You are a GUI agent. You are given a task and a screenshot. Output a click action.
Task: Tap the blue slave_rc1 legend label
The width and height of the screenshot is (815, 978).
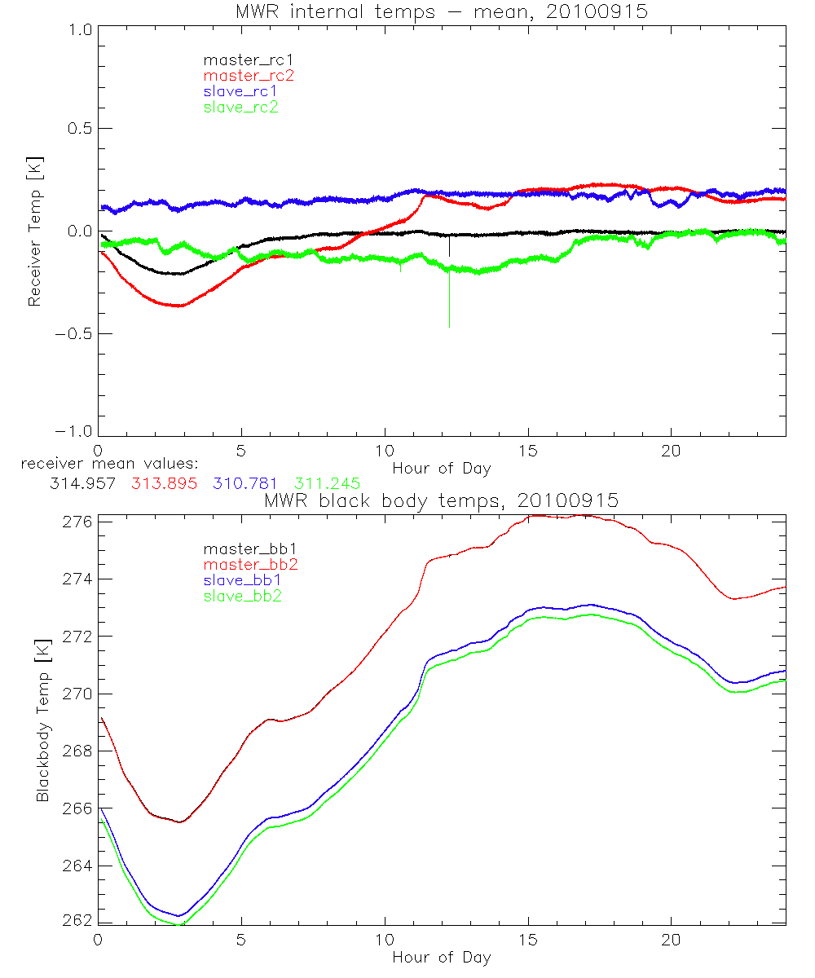240,91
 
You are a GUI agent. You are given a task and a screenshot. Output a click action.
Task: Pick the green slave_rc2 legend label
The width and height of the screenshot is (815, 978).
240,107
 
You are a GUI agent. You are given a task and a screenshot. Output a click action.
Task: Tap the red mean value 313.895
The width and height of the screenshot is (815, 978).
162,483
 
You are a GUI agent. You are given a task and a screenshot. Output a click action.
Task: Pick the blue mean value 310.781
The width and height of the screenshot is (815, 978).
244,483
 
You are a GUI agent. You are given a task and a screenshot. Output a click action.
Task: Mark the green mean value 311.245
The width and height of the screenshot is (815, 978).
327,483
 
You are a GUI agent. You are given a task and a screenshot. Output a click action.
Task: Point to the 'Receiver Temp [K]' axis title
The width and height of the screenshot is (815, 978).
34,231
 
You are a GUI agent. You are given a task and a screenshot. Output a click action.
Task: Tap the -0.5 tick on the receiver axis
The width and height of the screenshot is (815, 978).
73,333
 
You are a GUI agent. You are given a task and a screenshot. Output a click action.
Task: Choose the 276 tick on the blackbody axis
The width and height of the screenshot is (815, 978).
76,521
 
